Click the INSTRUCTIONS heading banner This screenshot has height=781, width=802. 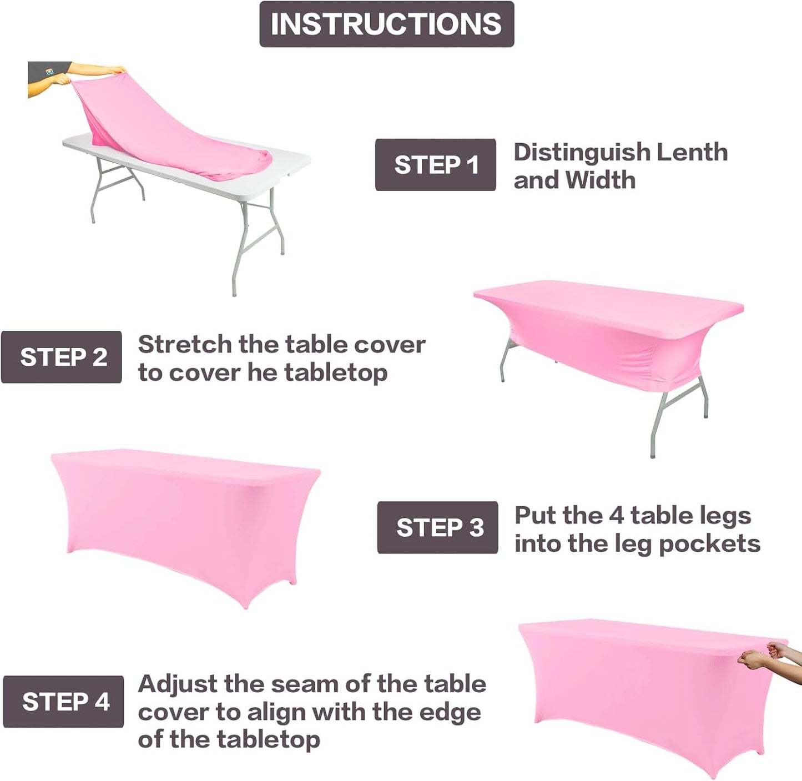[386, 24]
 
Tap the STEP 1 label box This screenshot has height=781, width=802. [435, 165]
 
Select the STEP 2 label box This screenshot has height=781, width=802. [62, 357]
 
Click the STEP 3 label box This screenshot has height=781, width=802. [437, 527]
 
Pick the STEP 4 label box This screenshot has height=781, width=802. [64, 702]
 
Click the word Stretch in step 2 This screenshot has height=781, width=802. [185, 345]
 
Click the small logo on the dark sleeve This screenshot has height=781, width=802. [49, 72]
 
